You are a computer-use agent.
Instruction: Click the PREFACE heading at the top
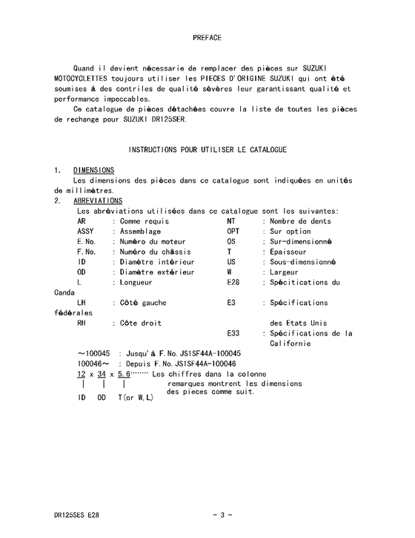207,36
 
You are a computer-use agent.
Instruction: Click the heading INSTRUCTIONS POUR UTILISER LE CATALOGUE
207,150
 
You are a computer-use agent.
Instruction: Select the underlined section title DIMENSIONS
93,170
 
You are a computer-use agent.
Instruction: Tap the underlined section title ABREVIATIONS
98,200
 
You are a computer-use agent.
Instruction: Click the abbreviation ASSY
85,231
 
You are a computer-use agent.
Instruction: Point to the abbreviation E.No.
86,241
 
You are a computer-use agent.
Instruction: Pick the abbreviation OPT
233,231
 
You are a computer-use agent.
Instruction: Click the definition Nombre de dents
301,221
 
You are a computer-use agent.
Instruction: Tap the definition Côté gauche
143,303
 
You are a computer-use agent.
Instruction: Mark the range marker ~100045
94,353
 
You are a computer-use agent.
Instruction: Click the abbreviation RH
82,323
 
